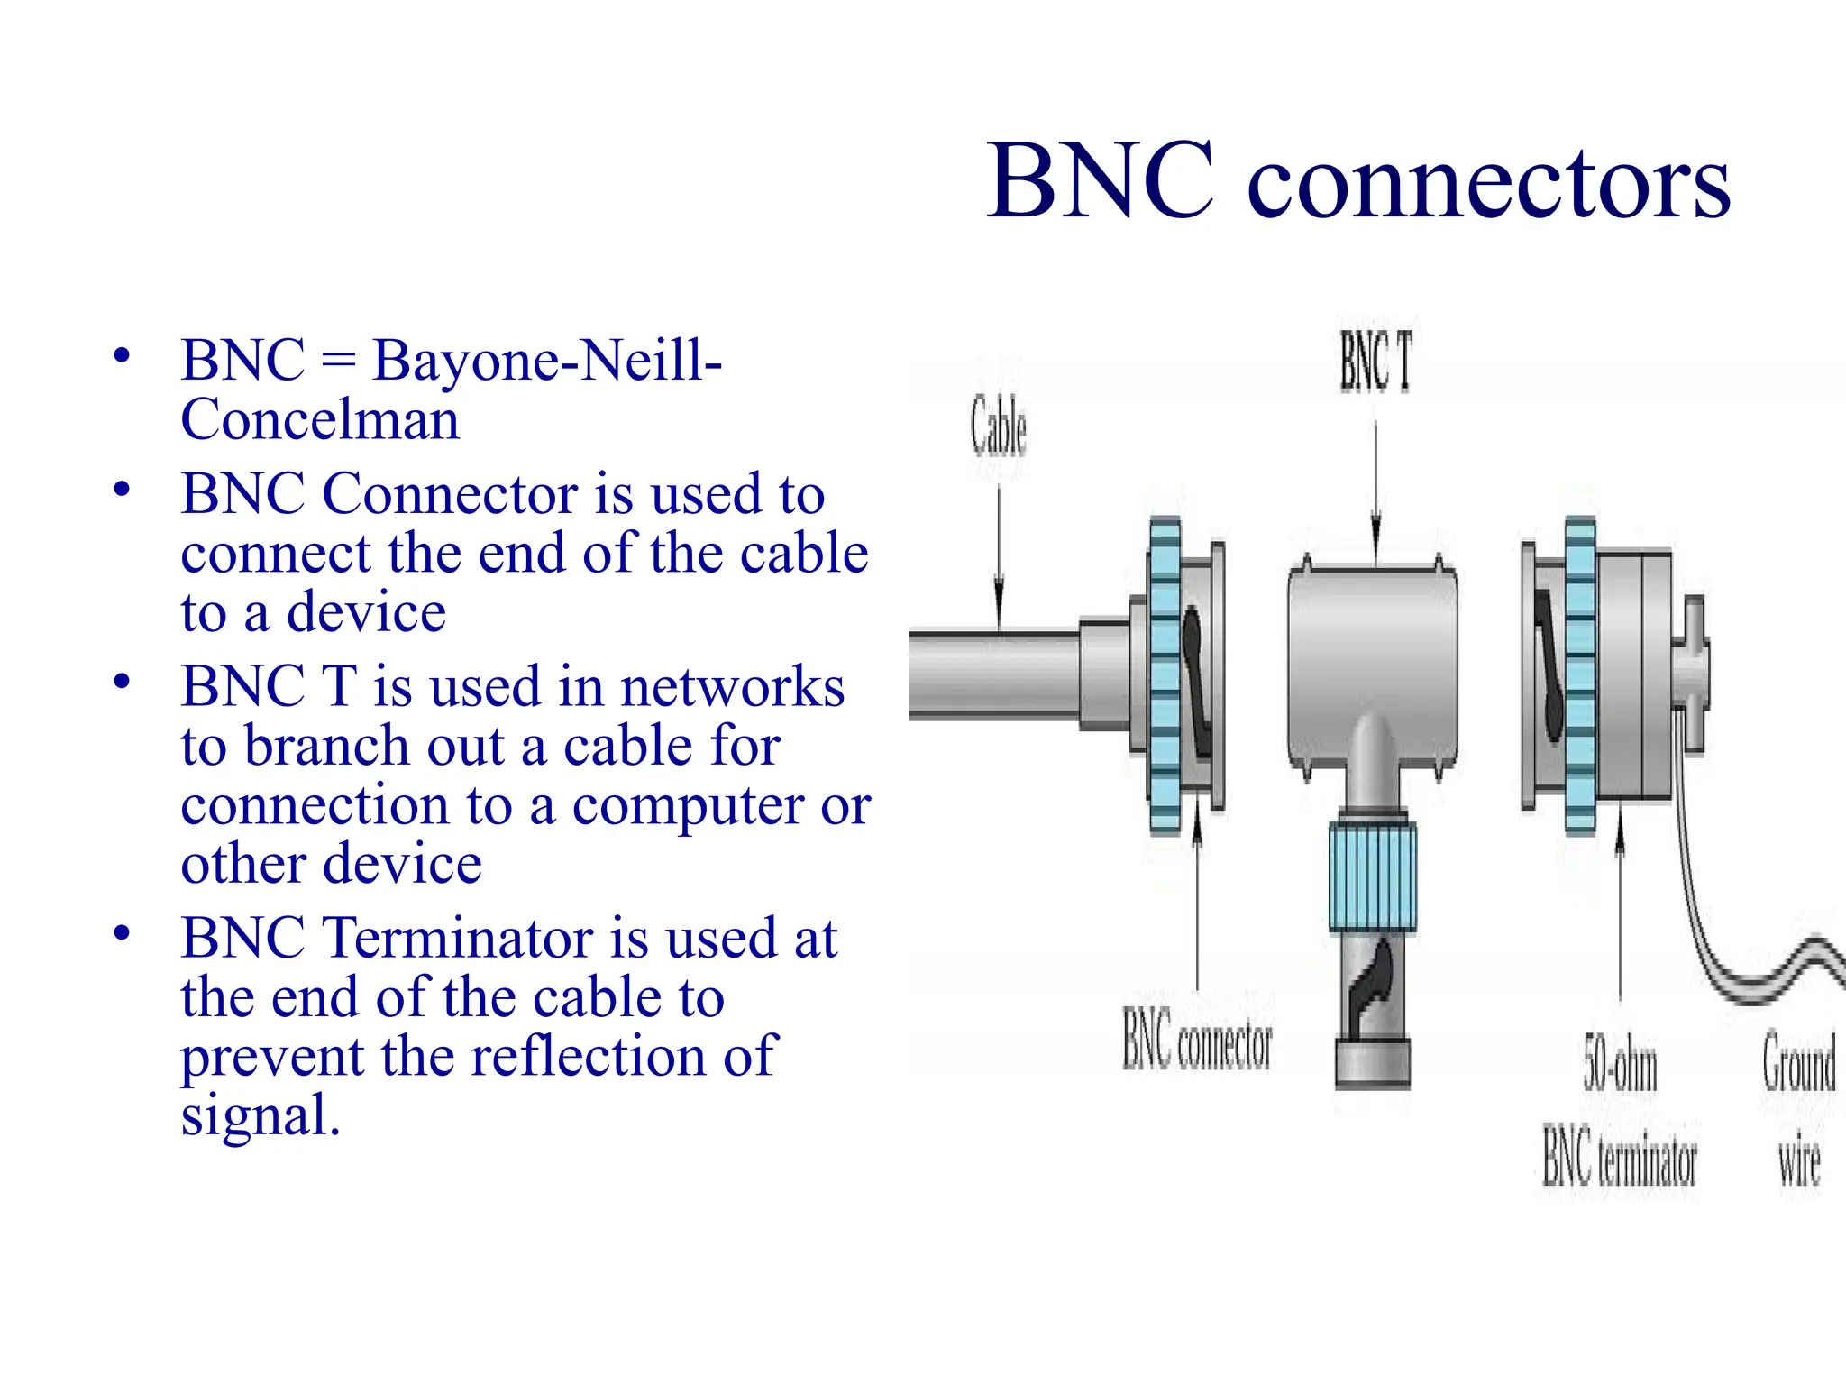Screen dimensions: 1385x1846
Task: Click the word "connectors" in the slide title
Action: [1488, 183]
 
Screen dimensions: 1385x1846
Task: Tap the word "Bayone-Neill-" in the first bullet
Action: [547, 360]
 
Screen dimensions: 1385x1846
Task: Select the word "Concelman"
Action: [320, 419]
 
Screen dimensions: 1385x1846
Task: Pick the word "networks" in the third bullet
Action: [732, 686]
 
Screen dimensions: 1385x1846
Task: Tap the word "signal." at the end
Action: [260, 1115]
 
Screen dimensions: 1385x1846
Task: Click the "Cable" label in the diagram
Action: [999, 427]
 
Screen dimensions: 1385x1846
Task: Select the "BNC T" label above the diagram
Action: [1375, 362]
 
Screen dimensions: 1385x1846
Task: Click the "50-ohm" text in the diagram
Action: [1620, 1067]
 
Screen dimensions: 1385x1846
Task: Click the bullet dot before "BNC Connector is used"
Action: [122, 490]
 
